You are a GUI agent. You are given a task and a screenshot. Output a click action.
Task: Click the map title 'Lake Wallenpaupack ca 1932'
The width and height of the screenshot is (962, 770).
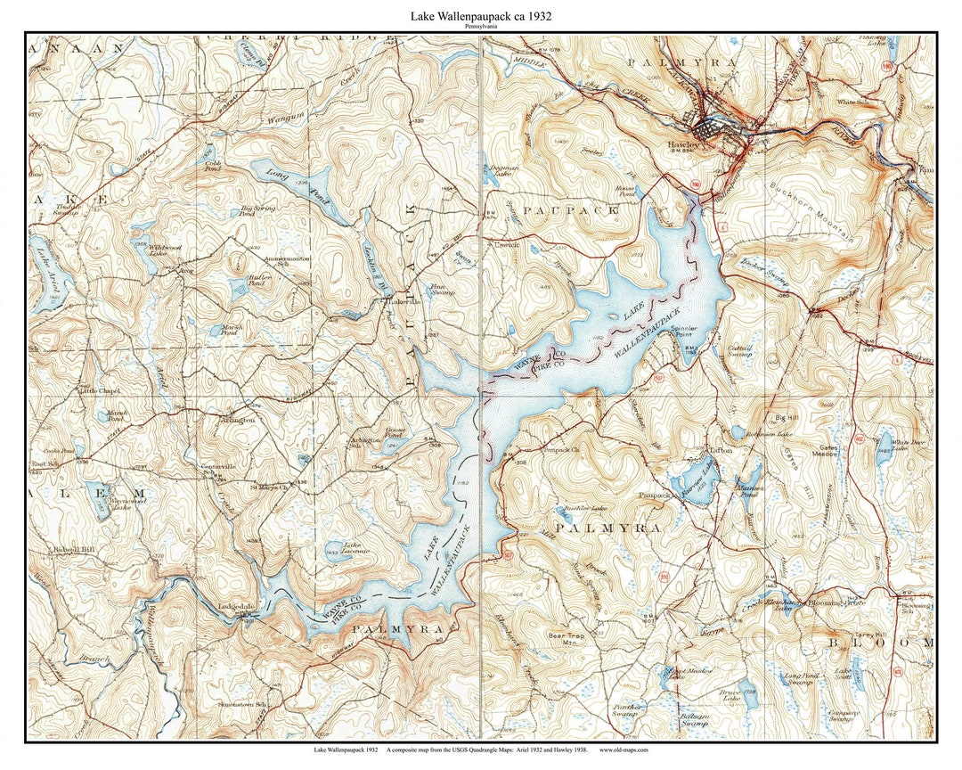coord(480,16)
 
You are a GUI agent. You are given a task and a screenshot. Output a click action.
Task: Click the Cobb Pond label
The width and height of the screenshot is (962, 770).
coord(213,167)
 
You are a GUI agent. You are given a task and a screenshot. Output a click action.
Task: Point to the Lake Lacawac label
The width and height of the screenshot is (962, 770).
coord(339,549)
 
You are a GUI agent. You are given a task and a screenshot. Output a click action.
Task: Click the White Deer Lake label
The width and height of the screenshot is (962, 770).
coord(906,445)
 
